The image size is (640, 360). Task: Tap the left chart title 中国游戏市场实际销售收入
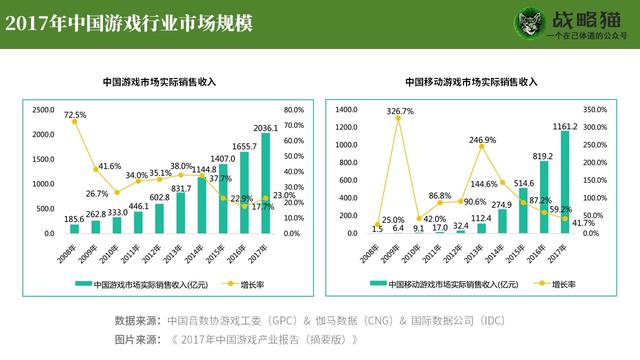(x=160, y=82)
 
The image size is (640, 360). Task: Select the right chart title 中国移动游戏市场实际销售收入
(x=471, y=82)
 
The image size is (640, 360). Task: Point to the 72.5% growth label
(x=74, y=116)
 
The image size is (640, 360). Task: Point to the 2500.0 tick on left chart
(x=42, y=110)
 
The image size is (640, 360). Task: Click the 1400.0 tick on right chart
(x=346, y=110)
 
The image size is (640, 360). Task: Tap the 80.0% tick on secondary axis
(x=294, y=110)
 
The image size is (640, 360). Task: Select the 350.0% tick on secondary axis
(x=595, y=110)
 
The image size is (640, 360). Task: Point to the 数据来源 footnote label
(x=136, y=321)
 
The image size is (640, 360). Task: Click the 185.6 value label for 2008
(x=74, y=217)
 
